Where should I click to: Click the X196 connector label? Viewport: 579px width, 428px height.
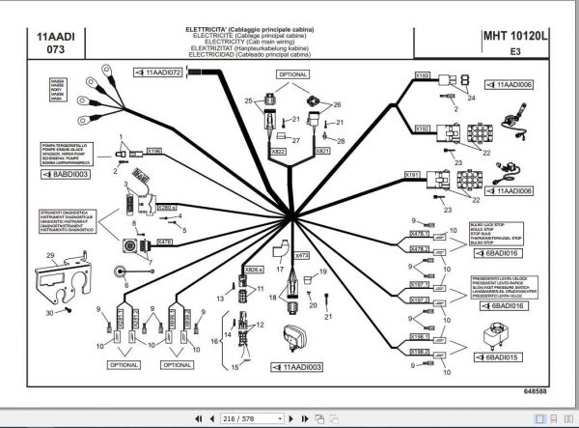pyautogui.click(x=154, y=151)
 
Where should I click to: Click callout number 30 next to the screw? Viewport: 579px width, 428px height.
pyautogui.click(x=49, y=312)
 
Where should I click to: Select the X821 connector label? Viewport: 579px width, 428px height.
pyautogui.click(x=323, y=152)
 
